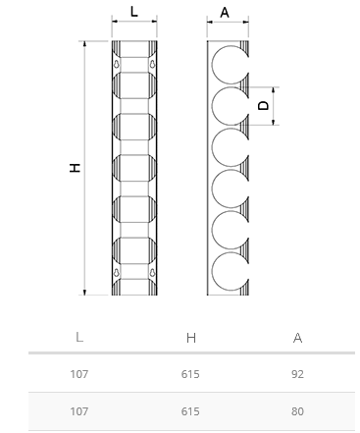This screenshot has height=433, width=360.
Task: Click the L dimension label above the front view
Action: (x=134, y=12)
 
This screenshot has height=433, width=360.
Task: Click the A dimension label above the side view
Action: (x=225, y=13)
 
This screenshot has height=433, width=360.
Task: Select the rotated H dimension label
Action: (x=76, y=168)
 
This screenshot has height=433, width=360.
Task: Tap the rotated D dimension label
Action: (x=264, y=105)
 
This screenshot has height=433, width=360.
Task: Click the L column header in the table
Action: (x=79, y=337)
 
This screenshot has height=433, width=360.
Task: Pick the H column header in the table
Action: (x=191, y=338)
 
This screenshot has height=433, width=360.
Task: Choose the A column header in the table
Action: (x=297, y=338)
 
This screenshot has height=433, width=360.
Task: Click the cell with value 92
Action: (x=297, y=374)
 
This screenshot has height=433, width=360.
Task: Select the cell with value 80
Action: (x=297, y=411)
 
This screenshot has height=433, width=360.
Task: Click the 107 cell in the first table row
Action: (x=79, y=374)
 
